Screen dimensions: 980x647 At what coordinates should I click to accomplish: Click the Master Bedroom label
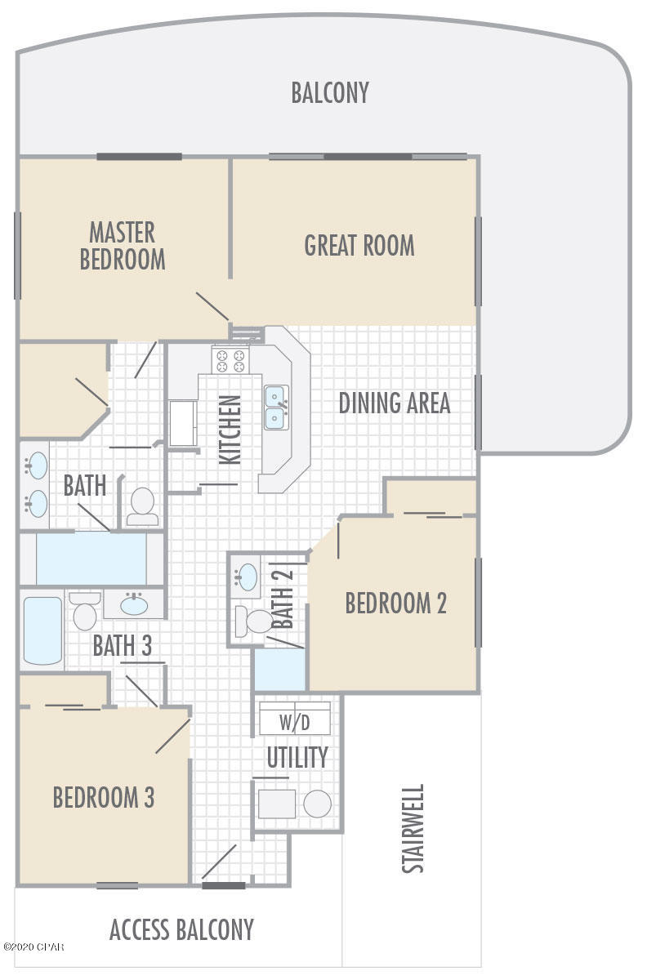click(x=123, y=246)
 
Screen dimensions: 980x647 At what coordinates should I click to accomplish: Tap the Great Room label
click(x=359, y=246)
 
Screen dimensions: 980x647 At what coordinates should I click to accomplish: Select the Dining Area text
click(x=394, y=403)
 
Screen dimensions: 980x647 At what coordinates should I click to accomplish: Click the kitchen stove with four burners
click(x=230, y=360)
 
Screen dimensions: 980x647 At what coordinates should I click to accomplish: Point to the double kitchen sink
click(x=274, y=408)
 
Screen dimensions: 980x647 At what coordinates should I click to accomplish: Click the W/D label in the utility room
click(x=295, y=722)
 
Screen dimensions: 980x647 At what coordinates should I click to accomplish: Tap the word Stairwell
click(x=413, y=829)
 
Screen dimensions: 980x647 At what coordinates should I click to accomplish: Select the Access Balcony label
click(x=181, y=929)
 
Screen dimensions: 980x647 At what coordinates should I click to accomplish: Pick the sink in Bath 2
click(x=246, y=577)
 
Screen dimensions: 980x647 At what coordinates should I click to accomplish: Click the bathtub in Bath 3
click(x=42, y=630)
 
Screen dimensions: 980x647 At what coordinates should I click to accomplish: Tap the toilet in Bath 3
click(x=84, y=612)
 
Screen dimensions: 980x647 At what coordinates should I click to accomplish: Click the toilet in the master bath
click(x=143, y=506)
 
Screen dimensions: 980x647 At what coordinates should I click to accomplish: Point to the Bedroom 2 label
click(x=395, y=604)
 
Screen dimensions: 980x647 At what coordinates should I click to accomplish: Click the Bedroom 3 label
click(x=104, y=797)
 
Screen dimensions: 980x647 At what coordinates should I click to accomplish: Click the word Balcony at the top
click(x=330, y=92)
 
